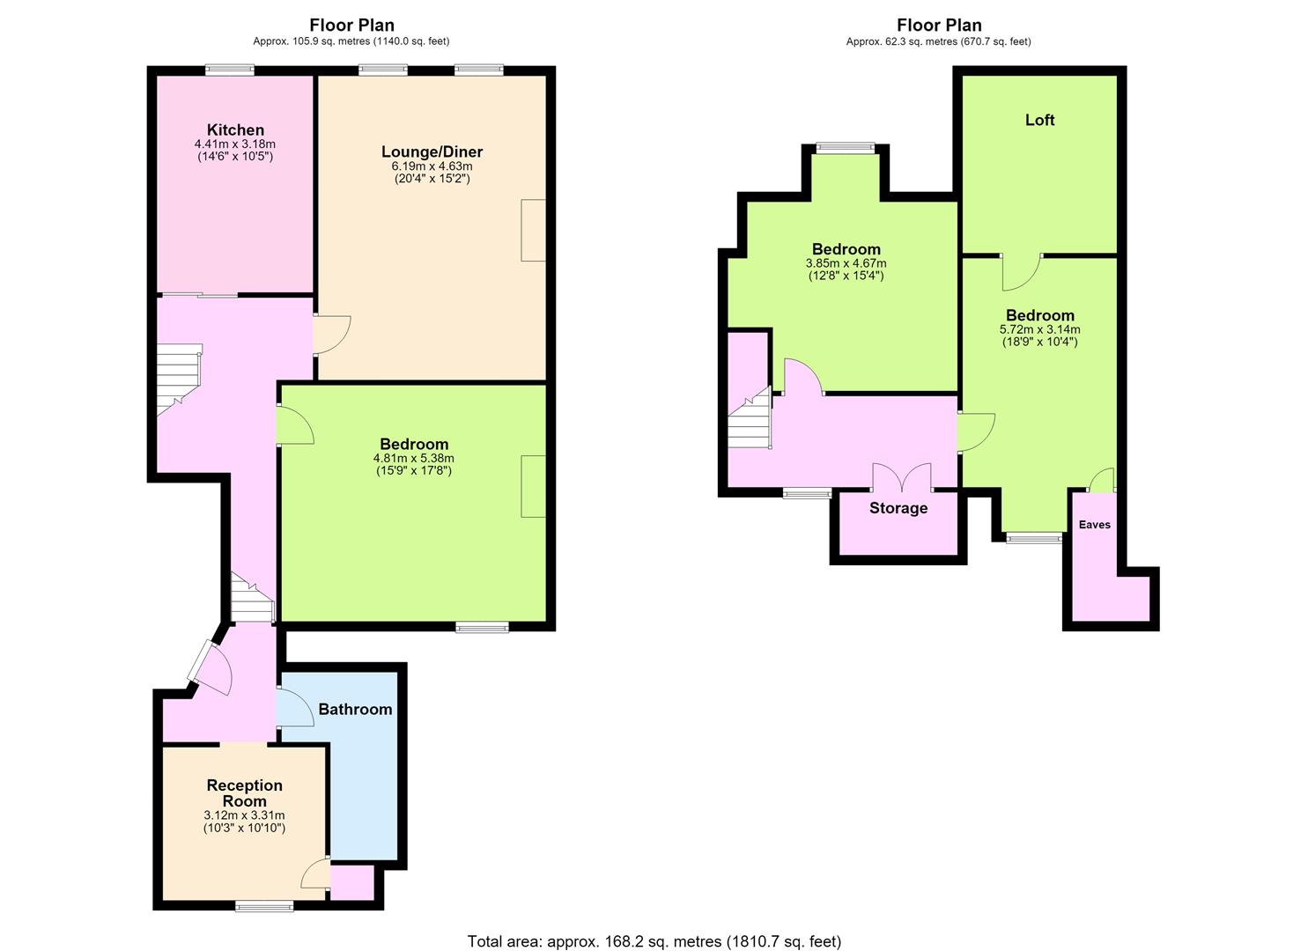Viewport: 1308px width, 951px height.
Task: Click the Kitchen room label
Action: (x=235, y=129)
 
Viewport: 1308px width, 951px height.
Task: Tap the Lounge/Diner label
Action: (x=432, y=151)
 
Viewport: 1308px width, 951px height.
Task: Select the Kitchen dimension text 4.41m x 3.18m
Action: (x=235, y=144)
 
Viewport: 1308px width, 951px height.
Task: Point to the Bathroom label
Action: (x=355, y=710)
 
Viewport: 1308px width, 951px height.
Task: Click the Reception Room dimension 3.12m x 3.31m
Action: (x=244, y=815)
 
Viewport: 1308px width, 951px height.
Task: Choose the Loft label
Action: (x=1040, y=120)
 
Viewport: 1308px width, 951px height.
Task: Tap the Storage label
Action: (x=898, y=508)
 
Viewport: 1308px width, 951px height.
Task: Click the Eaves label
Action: (x=1094, y=524)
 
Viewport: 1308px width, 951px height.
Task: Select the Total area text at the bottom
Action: (x=654, y=925)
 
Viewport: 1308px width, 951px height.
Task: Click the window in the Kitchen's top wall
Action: (x=230, y=70)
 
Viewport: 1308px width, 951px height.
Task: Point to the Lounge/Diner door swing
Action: (x=332, y=335)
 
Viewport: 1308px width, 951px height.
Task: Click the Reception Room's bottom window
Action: (x=264, y=906)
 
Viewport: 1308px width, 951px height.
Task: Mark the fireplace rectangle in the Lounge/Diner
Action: (x=533, y=230)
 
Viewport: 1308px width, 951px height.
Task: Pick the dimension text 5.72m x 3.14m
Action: (x=1040, y=329)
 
